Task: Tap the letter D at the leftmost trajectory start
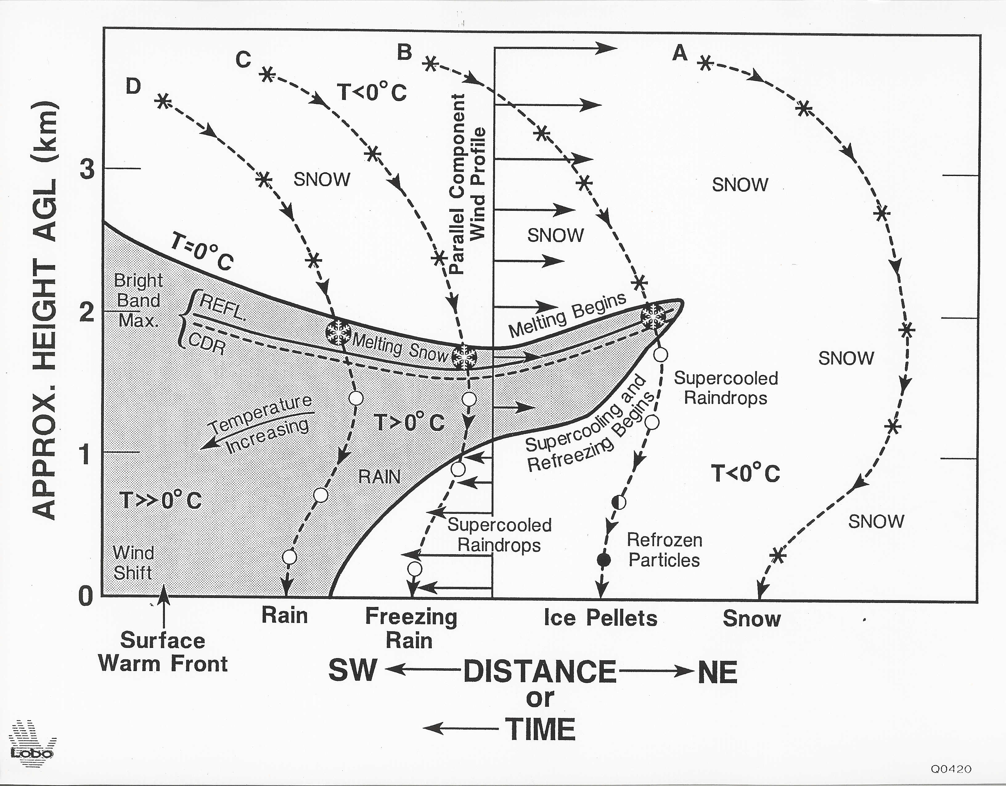[x=133, y=86]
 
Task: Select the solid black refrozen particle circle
[x=603, y=560]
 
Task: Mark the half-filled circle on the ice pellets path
[x=619, y=502]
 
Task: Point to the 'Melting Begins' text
[x=567, y=315]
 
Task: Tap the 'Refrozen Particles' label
[x=664, y=550]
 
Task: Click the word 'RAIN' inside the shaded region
[x=379, y=477]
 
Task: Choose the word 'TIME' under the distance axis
[x=541, y=729]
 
